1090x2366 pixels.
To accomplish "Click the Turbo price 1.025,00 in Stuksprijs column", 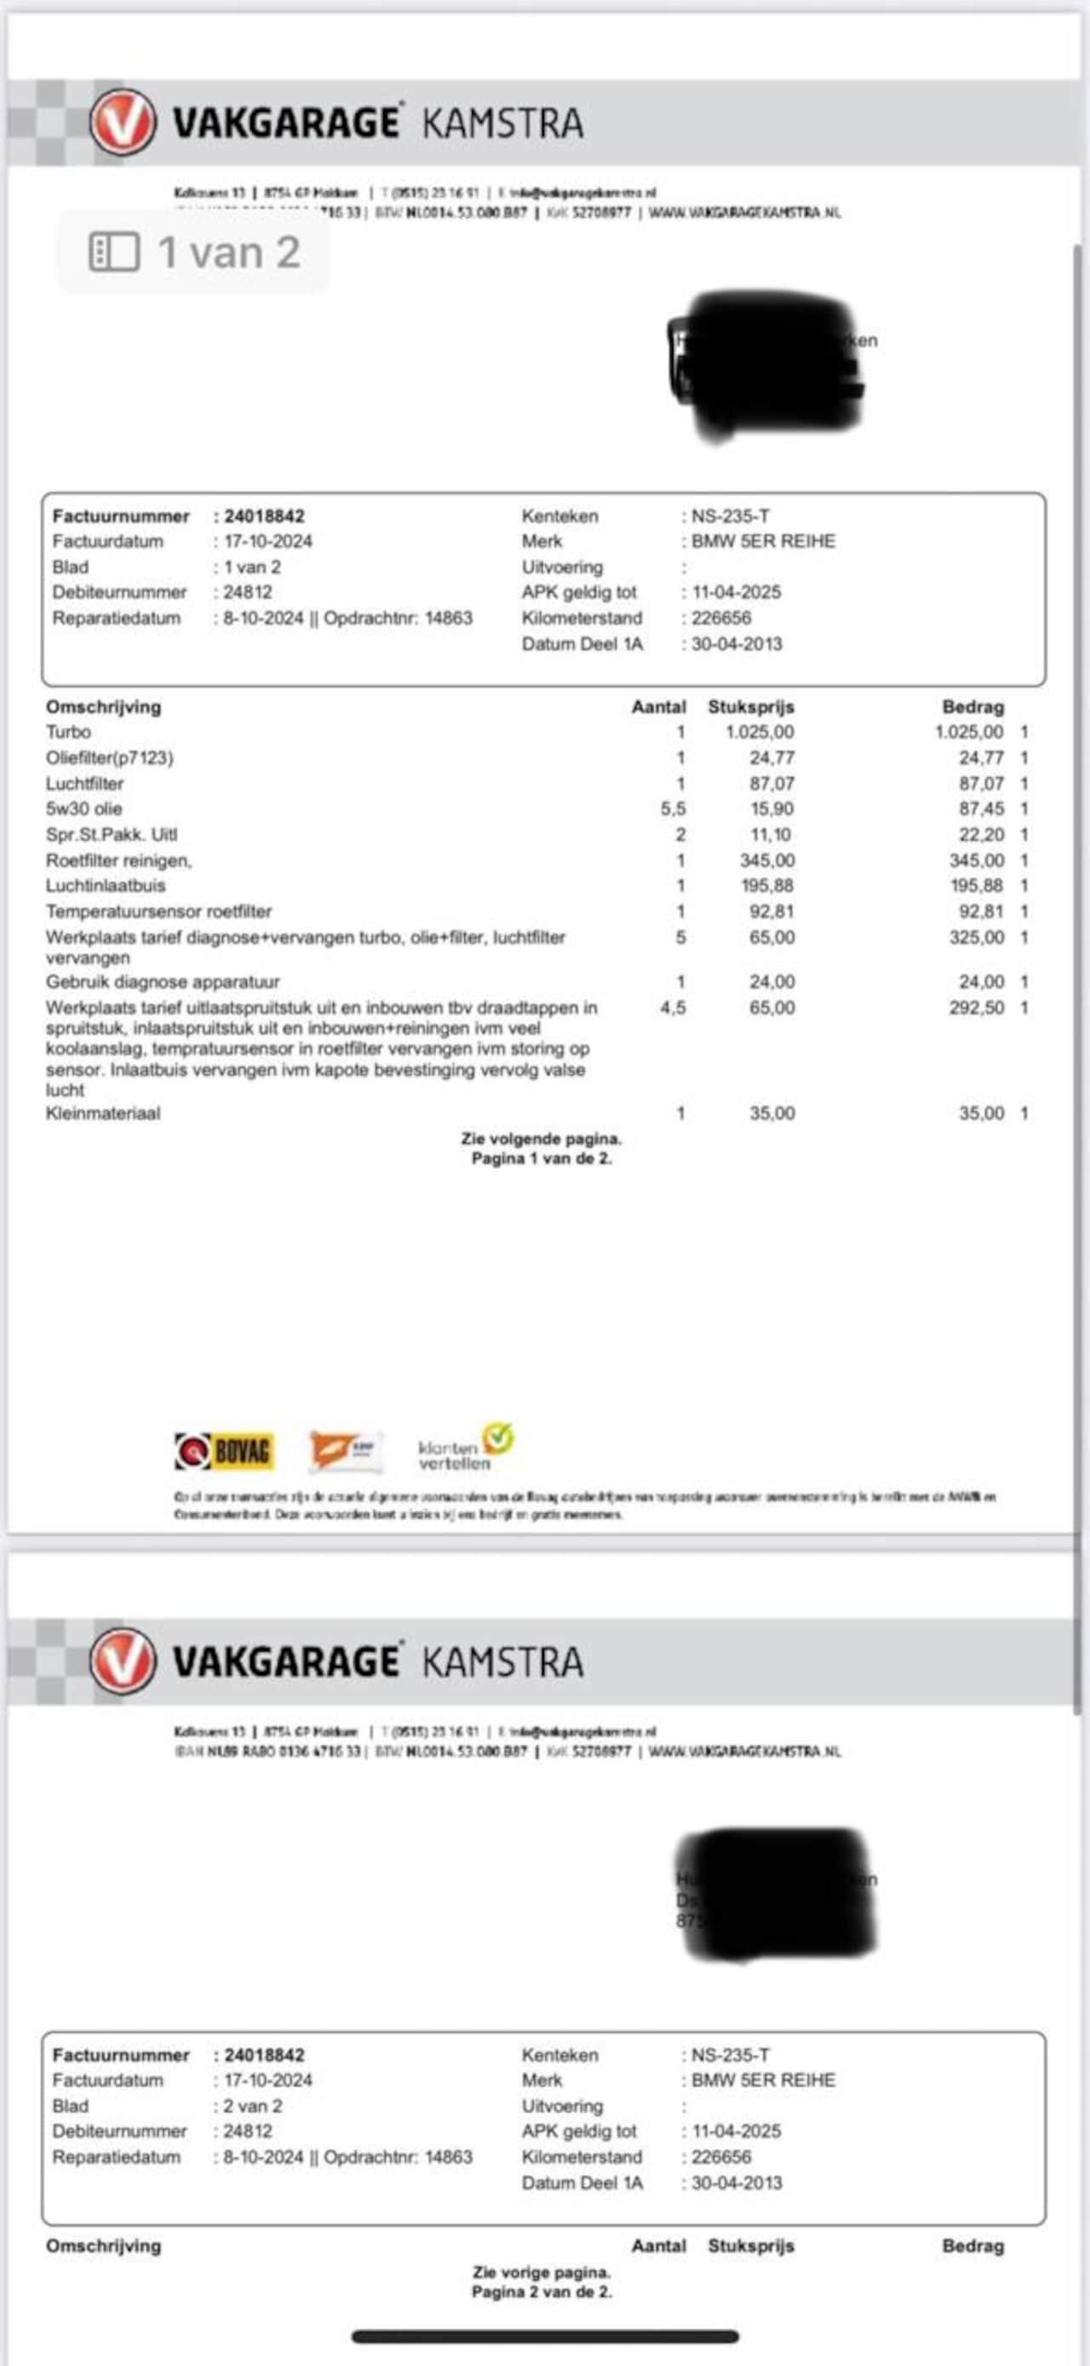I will click(x=760, y=732).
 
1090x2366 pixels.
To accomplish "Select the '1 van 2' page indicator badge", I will click(x=194, y=252).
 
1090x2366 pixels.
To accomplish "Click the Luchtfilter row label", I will click(x=84, y=784).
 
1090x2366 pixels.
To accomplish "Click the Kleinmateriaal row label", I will click(x=103, y=1114).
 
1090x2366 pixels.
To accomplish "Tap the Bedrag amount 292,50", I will click(x=976, y=1008).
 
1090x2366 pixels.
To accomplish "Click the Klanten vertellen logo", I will click(x=465, y=1448).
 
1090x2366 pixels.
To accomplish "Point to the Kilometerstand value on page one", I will click(x=721, y=619).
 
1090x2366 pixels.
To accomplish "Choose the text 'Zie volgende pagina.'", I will click(x=541, y=1139).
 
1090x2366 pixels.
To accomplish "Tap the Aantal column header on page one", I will click(x=658, y=707).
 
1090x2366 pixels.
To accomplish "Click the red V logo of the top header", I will click(x=122, y=122).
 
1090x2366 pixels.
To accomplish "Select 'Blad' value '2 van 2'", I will click(x=253, y=2106).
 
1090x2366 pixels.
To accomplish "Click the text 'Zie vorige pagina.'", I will click(x=541, y=2272).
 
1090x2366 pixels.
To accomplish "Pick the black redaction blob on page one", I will click(x=766, y=366).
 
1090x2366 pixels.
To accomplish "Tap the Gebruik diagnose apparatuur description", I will click(x=163, y=982).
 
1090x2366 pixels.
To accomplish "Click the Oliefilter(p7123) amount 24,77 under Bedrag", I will click(x=981, y=757).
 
